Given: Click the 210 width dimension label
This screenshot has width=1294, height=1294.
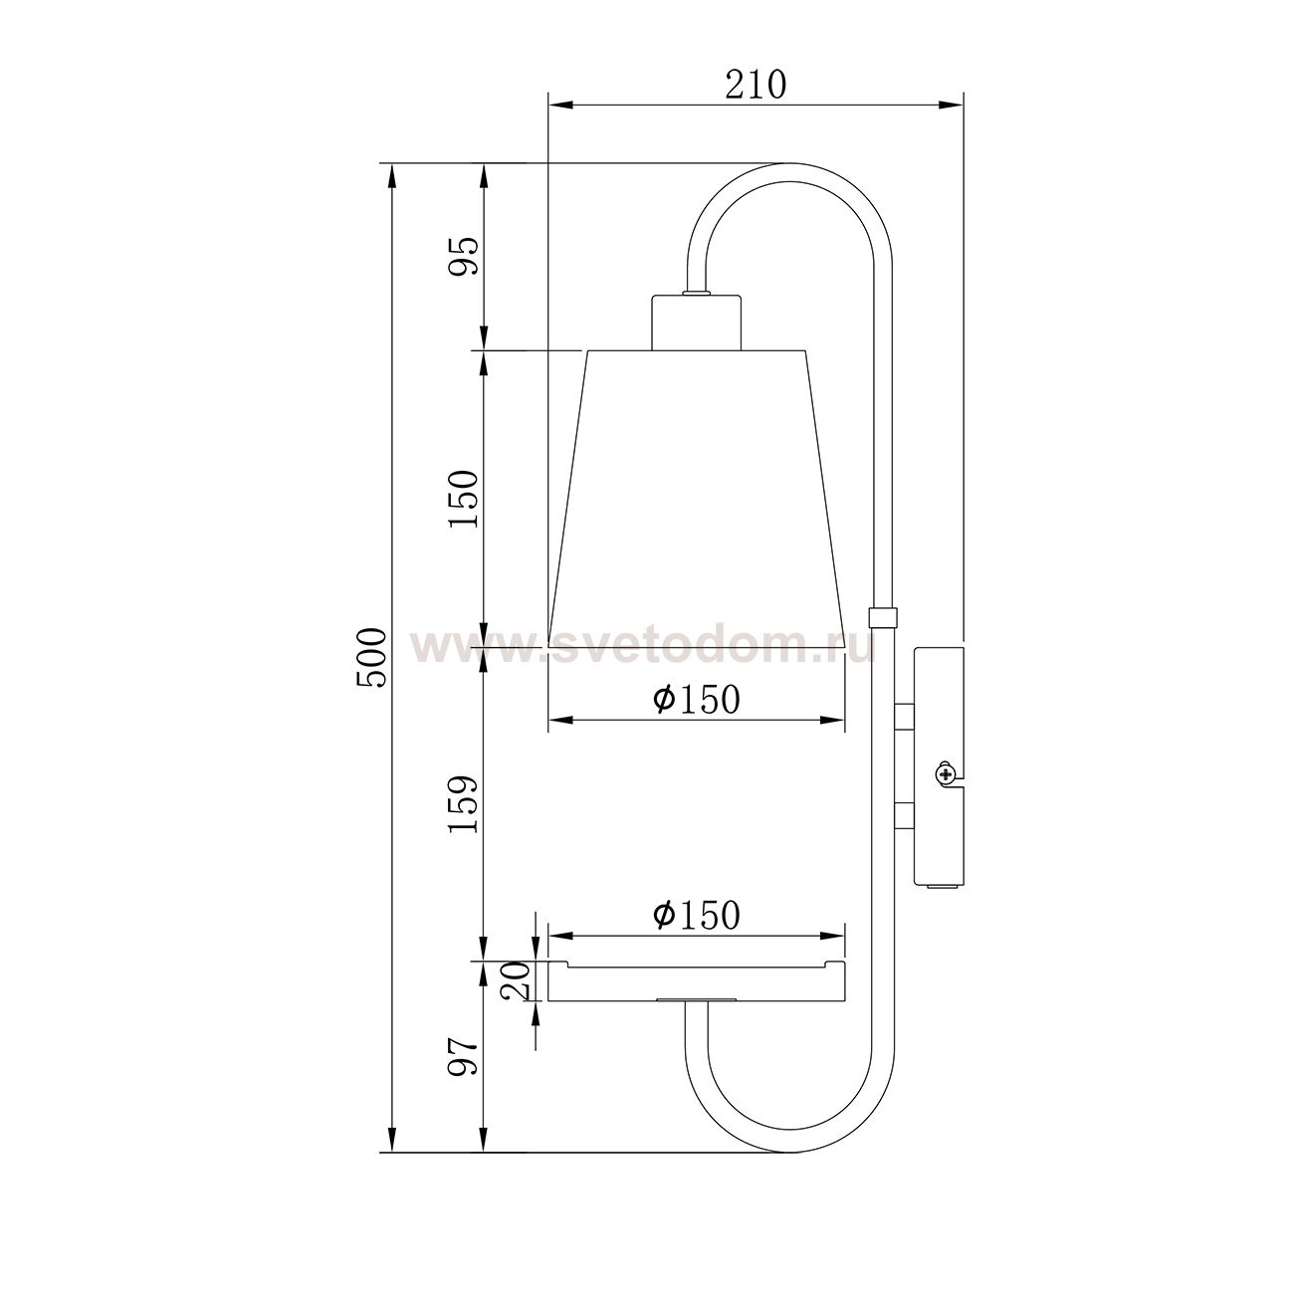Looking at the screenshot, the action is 755,85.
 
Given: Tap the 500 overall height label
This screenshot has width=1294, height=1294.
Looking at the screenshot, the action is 371,657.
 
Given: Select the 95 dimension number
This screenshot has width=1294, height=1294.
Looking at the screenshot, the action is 465,256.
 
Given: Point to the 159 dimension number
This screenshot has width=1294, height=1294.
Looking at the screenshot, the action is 465,804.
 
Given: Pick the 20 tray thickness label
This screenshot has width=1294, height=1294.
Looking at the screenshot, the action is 517,980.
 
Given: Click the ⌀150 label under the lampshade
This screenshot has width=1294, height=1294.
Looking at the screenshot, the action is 697,700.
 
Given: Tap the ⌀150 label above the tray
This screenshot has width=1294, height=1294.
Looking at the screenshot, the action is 697,915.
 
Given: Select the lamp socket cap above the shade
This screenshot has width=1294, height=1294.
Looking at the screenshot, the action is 697,322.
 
